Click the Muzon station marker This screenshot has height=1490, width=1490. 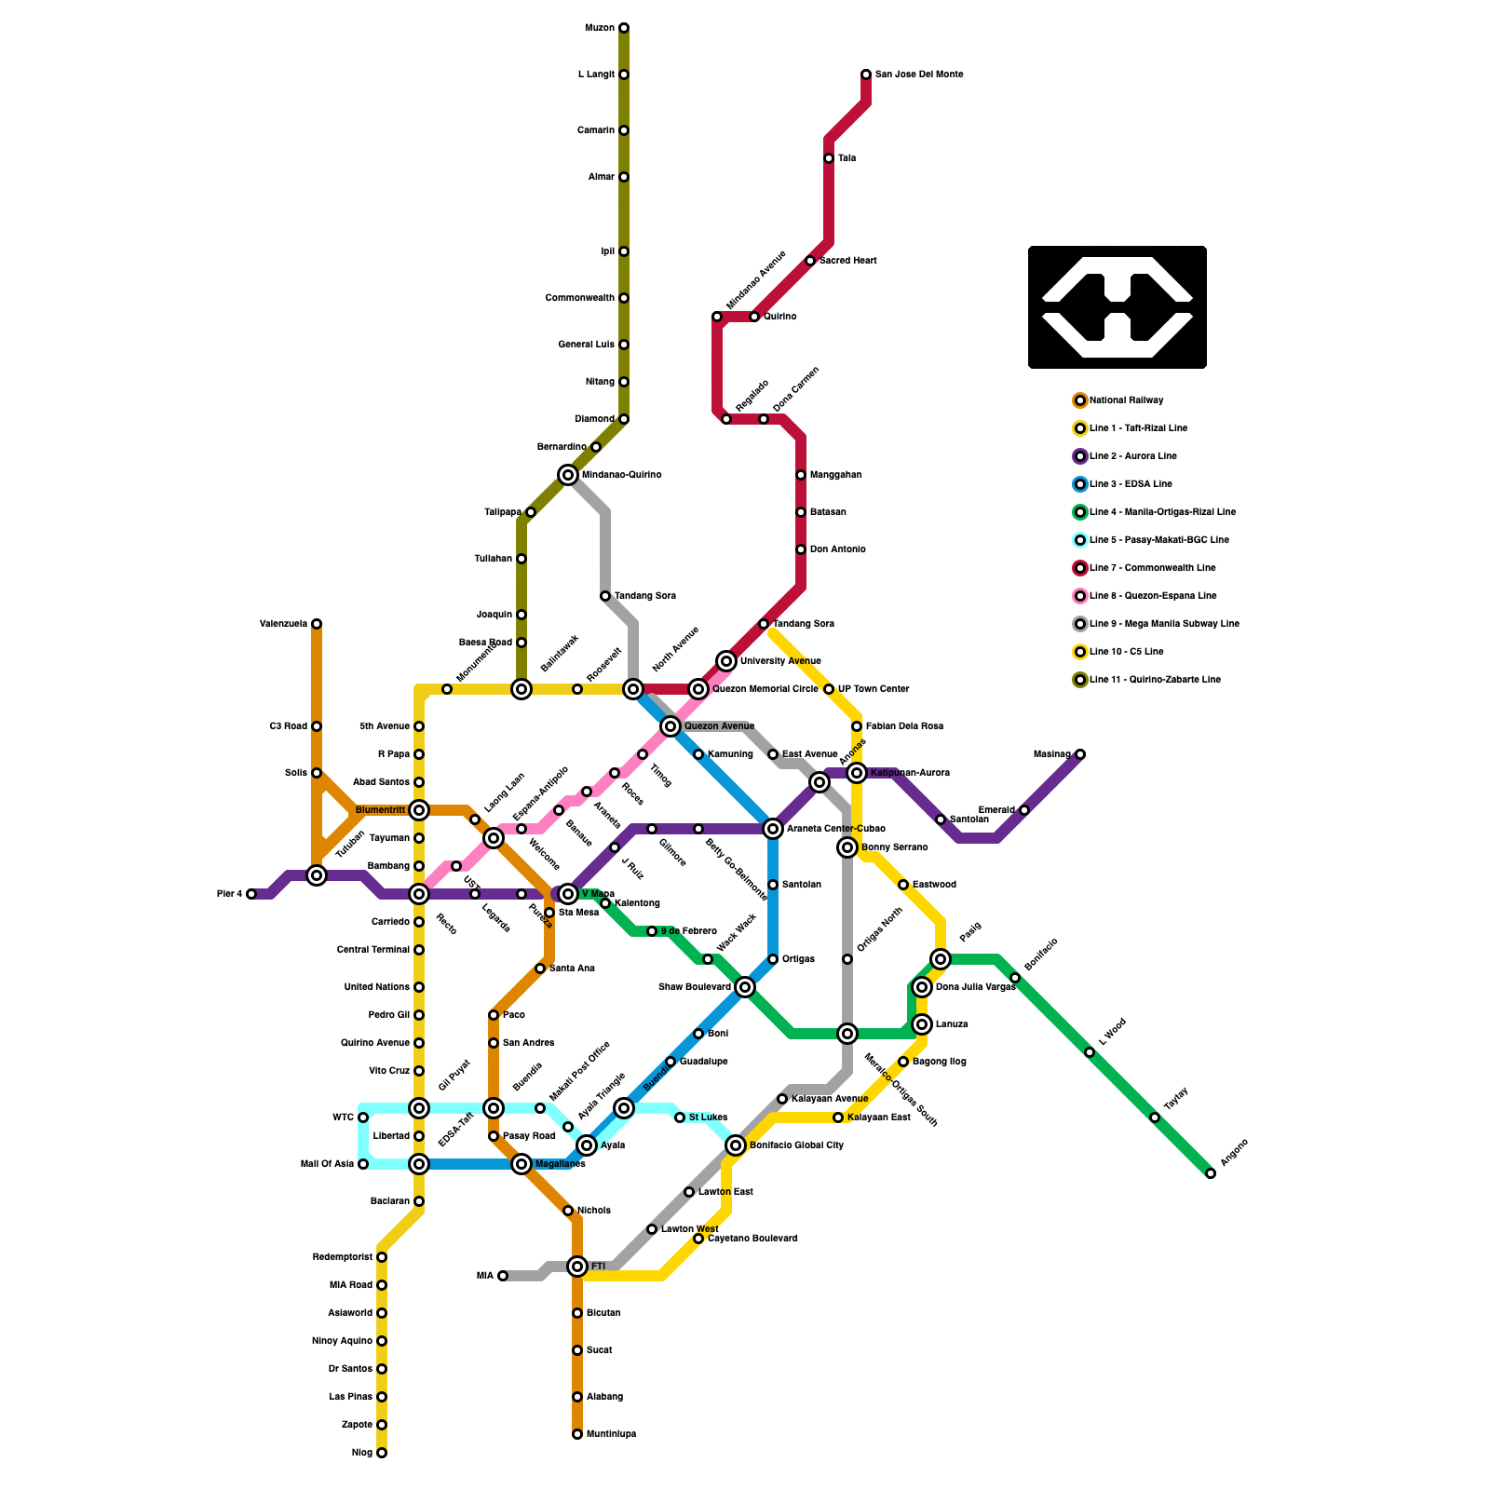(624, 28)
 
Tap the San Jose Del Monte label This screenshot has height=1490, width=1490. (918, 74)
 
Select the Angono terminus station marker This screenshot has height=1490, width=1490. (1211, 1173)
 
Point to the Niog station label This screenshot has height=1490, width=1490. (362, 1453)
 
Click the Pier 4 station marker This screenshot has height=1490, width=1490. (251, 894)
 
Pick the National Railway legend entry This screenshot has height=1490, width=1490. (1126, 400)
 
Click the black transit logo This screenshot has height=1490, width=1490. (1117, 307)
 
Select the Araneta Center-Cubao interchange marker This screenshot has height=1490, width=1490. (773, 829)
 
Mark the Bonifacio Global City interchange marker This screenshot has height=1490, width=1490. (736, 1145)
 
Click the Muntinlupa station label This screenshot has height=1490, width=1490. (611, 1434)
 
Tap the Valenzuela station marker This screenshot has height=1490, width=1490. (317, 624)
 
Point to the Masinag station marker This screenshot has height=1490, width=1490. (1080, 754)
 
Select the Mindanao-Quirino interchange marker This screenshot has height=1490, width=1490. (568, 475)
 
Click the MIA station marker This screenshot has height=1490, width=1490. (503, 1276)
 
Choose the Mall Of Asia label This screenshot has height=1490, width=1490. (327, 1164)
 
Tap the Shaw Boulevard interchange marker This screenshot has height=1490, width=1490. (745, 987)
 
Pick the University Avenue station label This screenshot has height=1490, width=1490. (780, 661)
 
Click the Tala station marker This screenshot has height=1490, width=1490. (829, 158)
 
